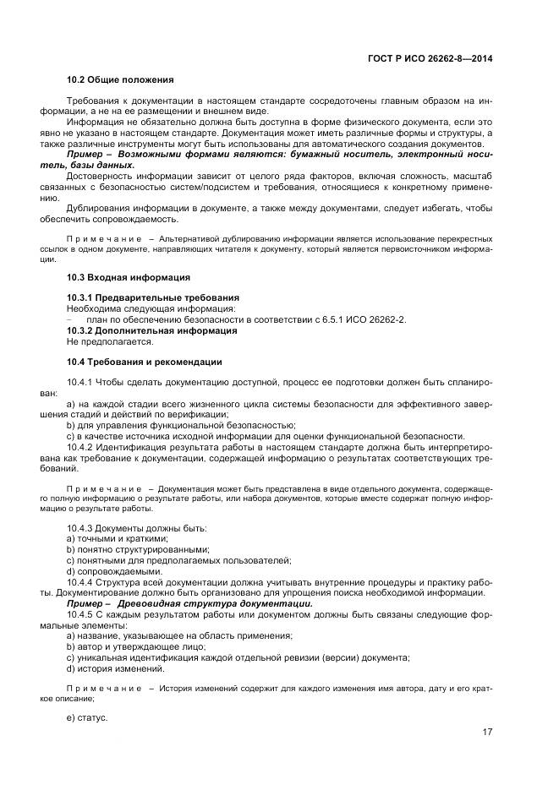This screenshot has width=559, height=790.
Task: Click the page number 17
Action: pyautogui.click(x=486, y=733)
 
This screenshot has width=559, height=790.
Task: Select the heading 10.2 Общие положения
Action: pyautogui.click(x=119, y=79)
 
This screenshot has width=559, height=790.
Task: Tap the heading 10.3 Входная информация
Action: pyautogui.click(x=128, y=277)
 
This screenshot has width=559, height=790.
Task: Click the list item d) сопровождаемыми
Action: pyautogui.click(x=113, y=571)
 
